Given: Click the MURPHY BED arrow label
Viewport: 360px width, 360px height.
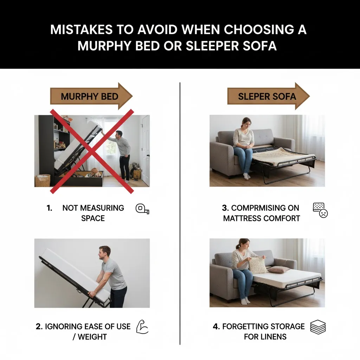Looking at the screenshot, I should tap(90, 96).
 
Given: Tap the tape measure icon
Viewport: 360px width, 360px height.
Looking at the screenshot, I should tap(142, 209).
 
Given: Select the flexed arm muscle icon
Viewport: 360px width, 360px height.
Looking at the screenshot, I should tap(142, 327).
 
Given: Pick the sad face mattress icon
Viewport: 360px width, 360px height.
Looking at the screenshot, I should tap(320, 210).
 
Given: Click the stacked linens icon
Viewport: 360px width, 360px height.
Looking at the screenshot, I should tap(318, 327).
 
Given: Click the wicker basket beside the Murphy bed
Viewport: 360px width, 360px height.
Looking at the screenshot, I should tap(43, 180).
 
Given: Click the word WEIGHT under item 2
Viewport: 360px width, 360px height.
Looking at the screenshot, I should tap(92, 337).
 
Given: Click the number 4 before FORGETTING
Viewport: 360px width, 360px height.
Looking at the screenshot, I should tap(216, 327).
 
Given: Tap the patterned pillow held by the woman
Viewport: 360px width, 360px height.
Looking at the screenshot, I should tap(258, 265).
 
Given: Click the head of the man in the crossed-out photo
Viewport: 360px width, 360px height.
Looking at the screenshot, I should tap(119, 134).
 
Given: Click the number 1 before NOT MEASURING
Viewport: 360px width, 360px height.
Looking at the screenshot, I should tap(49, 208).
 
